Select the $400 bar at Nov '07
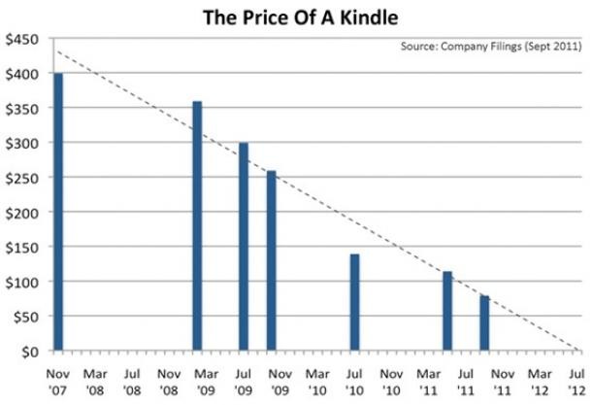[x=57, y=211]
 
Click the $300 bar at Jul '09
[x=244, y=247]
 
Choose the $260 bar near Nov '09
[x=271, y=260]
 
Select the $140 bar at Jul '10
[x=354, y=302]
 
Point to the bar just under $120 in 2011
[x=447, y=311]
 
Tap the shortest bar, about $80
[x=484, y=322]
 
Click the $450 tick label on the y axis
[x=24, y=39]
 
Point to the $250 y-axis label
[x=24, y=178]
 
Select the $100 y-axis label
[x=24, y=282]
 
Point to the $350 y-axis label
[x=24, y=108]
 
